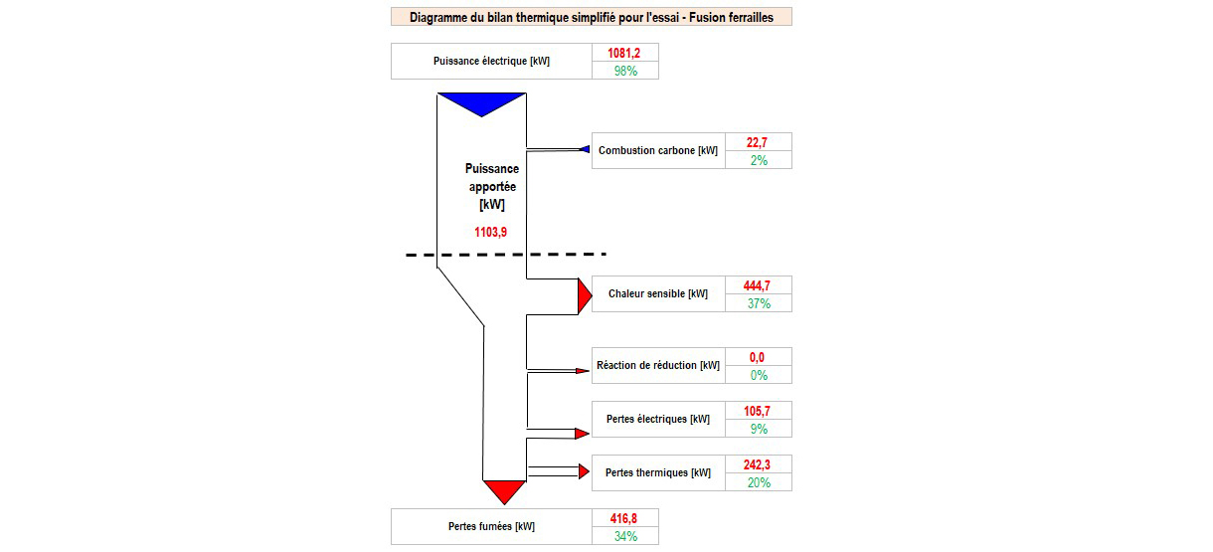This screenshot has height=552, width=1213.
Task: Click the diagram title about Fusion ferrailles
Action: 592,17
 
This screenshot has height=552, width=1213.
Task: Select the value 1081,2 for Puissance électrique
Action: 623,53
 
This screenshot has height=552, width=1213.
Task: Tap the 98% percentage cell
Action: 625,71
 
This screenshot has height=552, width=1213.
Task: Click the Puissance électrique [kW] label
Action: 491,62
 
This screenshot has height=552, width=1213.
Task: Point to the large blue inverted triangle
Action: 481,103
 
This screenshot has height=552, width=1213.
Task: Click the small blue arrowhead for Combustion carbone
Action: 585,149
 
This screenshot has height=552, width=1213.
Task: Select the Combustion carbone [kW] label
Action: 658,150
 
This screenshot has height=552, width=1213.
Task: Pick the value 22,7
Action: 757,142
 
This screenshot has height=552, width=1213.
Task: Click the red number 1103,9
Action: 490,233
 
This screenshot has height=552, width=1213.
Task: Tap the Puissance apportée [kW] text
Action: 492,186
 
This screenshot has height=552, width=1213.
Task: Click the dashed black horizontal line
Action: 506,254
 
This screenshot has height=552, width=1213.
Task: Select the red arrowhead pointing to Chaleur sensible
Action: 585,295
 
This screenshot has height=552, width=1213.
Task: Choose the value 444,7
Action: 757,286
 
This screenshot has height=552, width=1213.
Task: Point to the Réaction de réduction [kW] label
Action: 658,366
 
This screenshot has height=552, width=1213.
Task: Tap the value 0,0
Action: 757,357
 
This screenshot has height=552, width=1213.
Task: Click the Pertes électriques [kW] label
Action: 658,420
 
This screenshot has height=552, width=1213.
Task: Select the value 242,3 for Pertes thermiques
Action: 757,464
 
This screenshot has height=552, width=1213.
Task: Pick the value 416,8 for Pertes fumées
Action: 623,518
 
